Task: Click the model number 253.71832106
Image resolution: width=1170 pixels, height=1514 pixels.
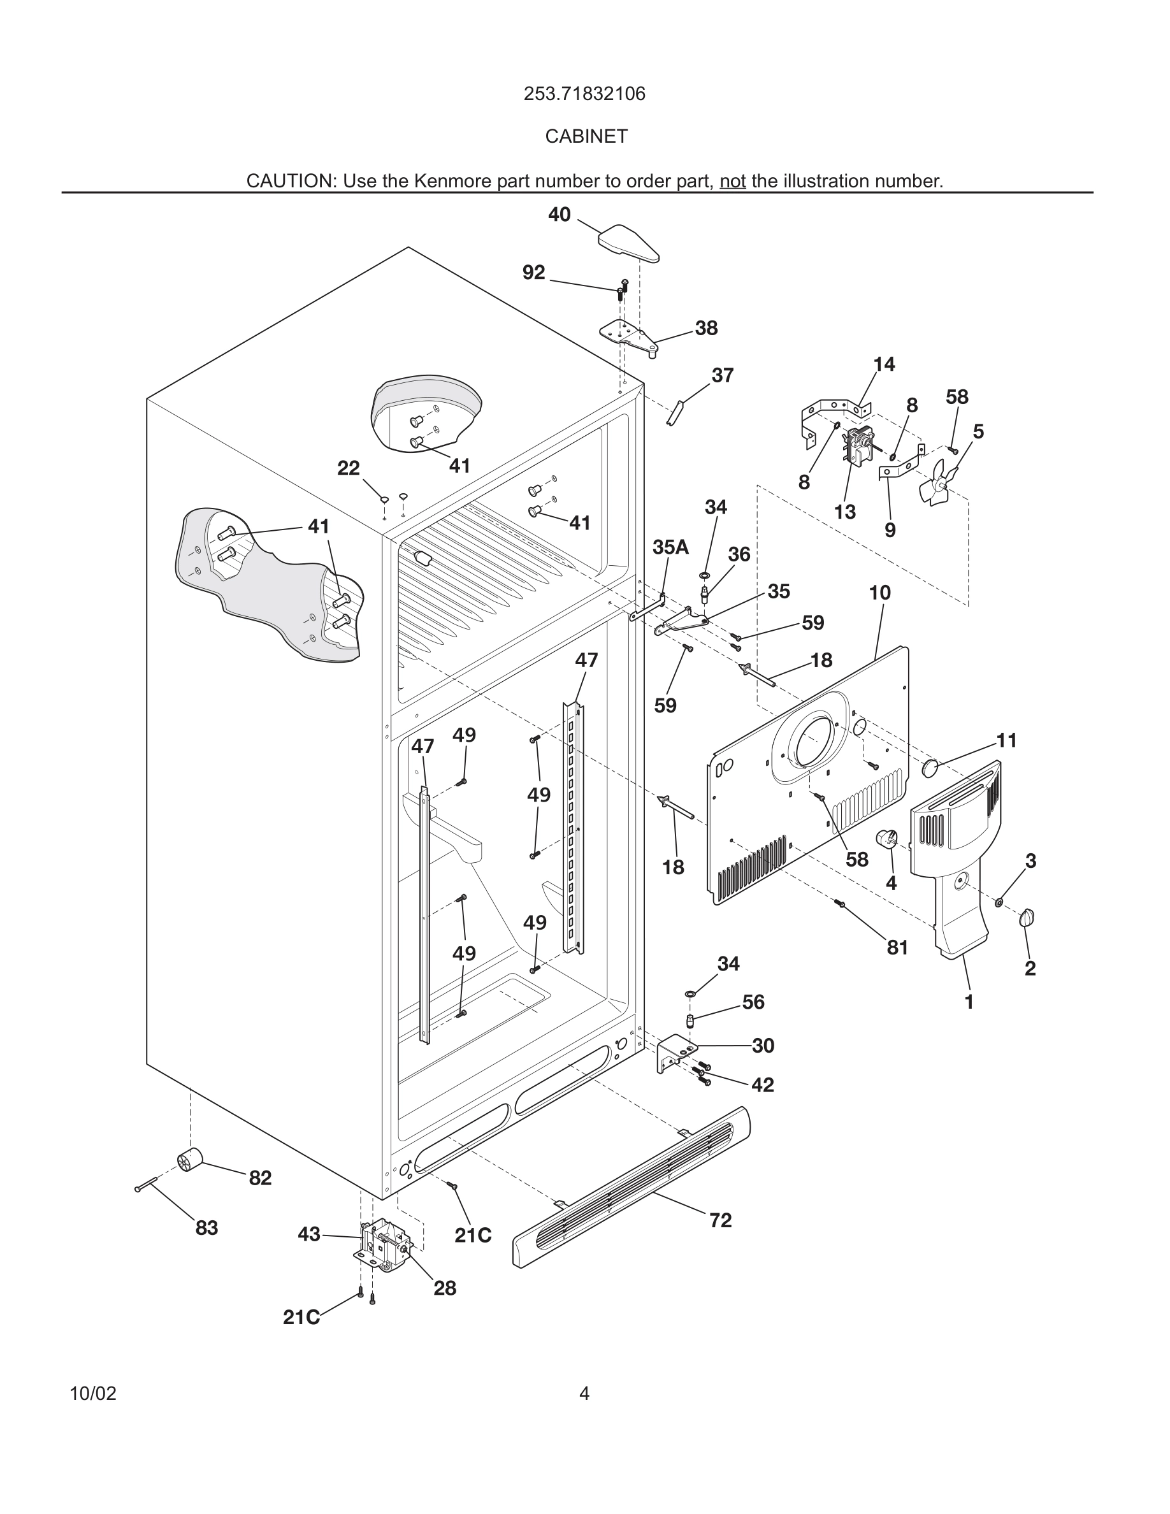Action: tap(584, 94)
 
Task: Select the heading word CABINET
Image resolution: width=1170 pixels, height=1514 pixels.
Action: tap(586, 136)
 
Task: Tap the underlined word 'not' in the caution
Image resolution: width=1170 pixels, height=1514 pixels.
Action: tap(732, 182)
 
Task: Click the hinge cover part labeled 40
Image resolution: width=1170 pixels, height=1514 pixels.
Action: tap(627, 245)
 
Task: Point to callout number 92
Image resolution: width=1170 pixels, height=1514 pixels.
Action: tap(534, 273)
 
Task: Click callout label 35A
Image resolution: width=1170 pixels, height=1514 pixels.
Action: tap(670, 547)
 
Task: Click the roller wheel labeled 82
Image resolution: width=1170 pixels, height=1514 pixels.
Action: tap(189, 1160)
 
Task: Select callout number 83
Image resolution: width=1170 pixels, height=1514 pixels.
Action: tap(206, 1228)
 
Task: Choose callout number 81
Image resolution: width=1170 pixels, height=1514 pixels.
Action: tap(897, 947)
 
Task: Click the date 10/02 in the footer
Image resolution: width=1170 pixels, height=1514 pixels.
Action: tap(93, 1394)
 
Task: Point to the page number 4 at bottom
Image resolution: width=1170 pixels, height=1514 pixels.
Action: tap(584, 1394)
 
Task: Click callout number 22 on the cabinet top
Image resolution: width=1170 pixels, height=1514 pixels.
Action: tap(349, 468)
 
